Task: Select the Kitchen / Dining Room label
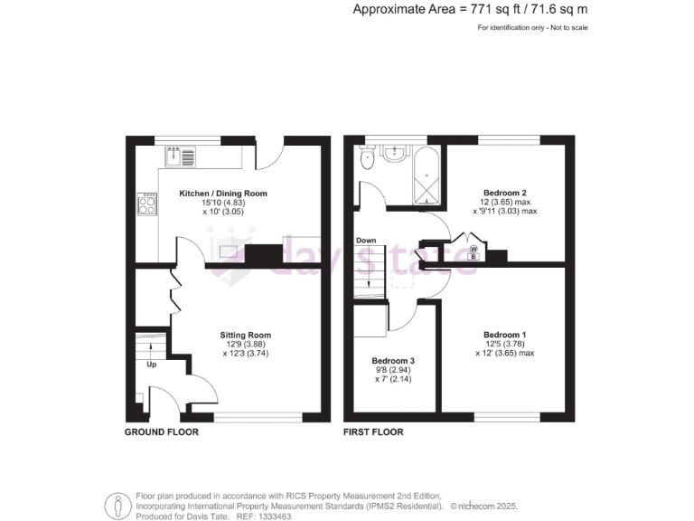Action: click(x=223, y=194)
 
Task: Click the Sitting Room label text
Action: click(x=246, y=335)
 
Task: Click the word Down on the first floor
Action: click(x=366, y=241)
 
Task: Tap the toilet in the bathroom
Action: click(x=367, y=160)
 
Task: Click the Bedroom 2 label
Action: click(x=504, y=194)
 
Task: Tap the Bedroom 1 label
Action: click(x=504, y=335)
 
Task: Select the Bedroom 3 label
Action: click(x=393, y=360)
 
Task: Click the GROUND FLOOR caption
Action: click(x=161, y=432)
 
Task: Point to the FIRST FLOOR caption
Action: click(x=373, y=432)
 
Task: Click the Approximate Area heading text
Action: click(x=470, y=10)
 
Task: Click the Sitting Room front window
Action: click(x=258, y=417)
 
